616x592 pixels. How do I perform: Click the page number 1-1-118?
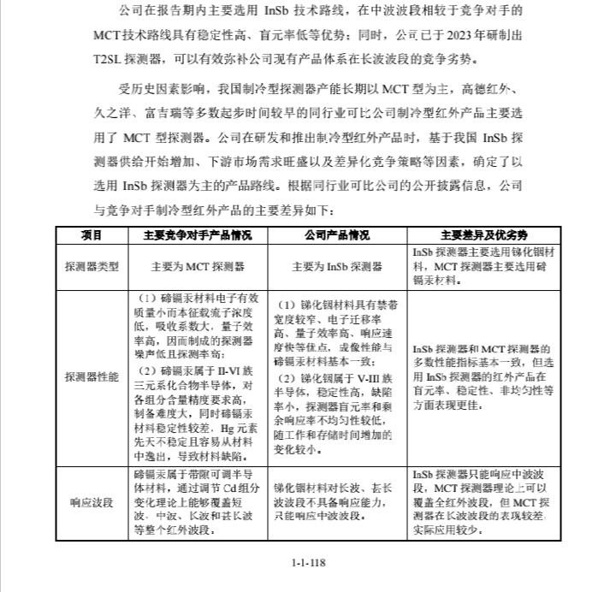click(308, 563)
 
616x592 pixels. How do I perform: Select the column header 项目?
click(92, 234)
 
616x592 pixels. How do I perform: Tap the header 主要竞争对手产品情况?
click(198, 234)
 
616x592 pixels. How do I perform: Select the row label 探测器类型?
click(92, 267)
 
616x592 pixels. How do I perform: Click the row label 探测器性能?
click(92, 376)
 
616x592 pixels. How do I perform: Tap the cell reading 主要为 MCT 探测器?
click(198, 267)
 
